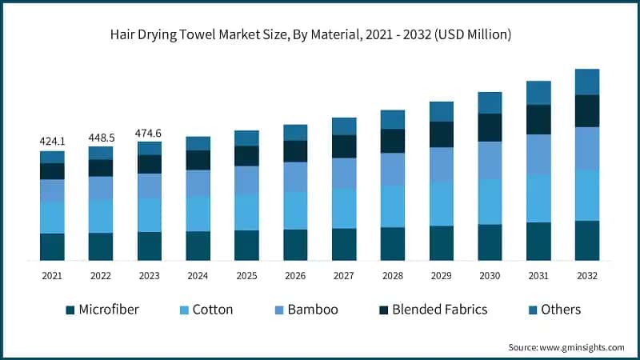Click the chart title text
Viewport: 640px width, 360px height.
[x=320, y=34]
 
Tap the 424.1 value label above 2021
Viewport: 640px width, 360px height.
[x=52, y=141]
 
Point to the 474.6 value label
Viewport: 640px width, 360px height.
[x=150, y=132]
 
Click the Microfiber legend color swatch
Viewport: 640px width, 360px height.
[x=69, y=310]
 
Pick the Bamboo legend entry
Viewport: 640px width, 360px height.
[x=308, y=310]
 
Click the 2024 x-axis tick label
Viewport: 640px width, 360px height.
[x=198, y=275]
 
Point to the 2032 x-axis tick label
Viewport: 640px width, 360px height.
[x=587, y=275]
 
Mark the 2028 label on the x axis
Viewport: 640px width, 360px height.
[x=393, y=275]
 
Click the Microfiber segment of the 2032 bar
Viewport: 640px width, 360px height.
[x=587, y=240]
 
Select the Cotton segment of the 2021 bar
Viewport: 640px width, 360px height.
[x=52, y=218]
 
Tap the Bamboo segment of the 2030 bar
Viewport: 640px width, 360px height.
[x=490, y=160]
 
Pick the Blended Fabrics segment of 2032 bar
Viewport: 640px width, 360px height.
[x=587, y=110]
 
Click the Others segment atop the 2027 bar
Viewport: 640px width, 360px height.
[x=344, y=126]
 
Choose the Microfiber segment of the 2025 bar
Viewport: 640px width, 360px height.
[x=246, y=245]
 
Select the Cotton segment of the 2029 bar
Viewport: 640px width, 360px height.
[x=441, y=203]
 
